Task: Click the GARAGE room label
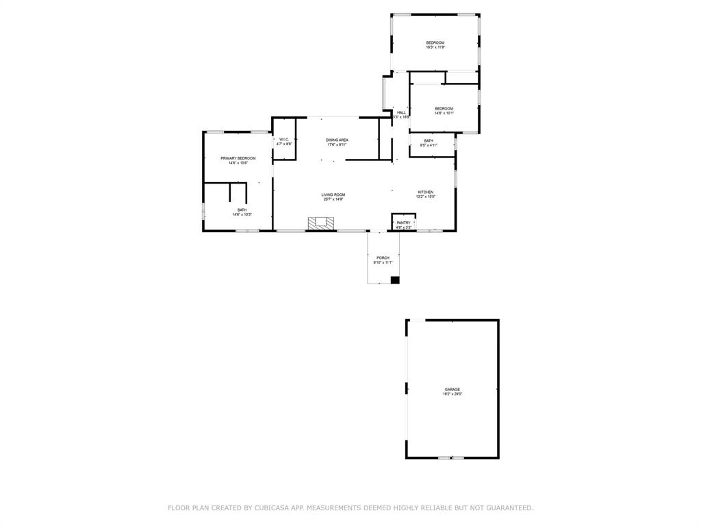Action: pos(452,389)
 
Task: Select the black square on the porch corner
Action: pos(394,279)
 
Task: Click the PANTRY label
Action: pos(403,222)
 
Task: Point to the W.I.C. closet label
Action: pos(284,139)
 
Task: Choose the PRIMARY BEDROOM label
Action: pos(238,158)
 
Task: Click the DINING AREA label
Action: pos(337,140)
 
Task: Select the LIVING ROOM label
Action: pos(333,195)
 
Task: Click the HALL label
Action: pos(401,112)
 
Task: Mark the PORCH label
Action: pos(383,258)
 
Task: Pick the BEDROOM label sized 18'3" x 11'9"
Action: pos(435,42)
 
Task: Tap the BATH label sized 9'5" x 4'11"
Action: pos(428,140)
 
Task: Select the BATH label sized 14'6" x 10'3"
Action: pos(242,210)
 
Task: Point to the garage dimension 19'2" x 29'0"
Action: pos(452,394)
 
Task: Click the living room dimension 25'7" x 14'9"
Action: pos(333,199)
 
